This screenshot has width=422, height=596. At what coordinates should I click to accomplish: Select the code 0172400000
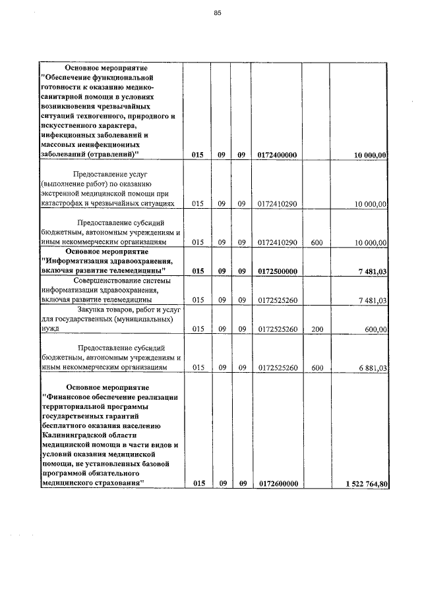click(278, 155)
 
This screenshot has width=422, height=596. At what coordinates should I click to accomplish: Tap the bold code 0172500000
click(278, 271)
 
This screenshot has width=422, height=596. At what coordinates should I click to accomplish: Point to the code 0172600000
click(278, 484)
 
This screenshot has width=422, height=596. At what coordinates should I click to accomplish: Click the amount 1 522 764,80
click(367, 484)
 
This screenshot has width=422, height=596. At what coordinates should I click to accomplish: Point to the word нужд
click(49, 329)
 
